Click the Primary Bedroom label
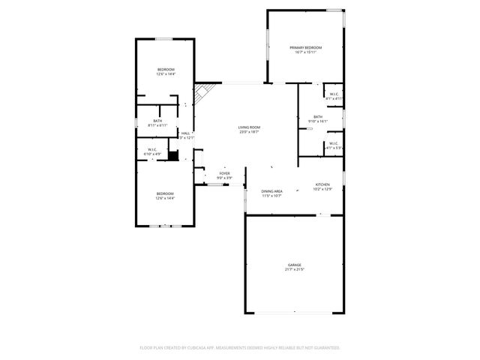(306, 47)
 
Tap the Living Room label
(249, 127)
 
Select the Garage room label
(295, 265)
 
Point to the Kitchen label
(322, 184)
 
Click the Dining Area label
(271, 191)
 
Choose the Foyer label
(224, 173)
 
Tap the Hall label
(185, 133)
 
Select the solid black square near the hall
(173, 156)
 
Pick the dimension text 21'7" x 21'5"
(295, 270)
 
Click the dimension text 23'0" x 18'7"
(249, 133)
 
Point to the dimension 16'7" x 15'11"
(306, 52)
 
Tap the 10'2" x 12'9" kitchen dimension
(322, 189)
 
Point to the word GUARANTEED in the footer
(325, 348)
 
